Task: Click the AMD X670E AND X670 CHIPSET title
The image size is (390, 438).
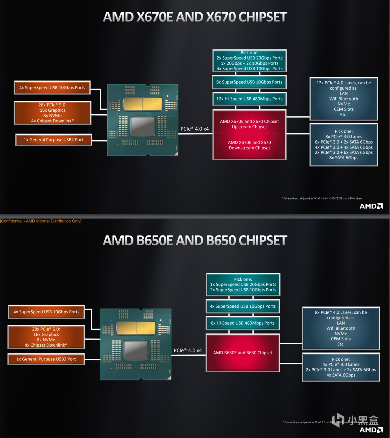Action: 195,17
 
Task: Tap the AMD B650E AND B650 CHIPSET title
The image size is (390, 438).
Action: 195,241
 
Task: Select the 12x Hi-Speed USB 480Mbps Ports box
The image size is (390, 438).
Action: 249,99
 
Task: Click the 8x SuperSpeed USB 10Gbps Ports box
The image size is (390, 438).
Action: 249,82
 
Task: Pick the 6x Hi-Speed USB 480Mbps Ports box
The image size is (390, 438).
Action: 243,323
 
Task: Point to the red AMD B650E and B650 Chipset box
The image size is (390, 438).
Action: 243,353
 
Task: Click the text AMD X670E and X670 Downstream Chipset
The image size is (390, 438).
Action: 249,145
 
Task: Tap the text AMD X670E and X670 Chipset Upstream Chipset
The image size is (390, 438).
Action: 249,124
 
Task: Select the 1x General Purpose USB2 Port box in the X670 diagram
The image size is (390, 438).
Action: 54,140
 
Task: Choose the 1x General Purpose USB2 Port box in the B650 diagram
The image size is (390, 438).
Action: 46,359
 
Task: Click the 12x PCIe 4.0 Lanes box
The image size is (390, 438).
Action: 344,99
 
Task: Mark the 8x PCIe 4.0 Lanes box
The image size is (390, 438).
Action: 341,328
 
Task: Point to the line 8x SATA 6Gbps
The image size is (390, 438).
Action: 344,158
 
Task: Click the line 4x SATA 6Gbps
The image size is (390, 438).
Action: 341,375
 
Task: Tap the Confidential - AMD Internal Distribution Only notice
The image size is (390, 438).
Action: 41,221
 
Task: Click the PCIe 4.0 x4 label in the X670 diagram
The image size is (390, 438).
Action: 195,129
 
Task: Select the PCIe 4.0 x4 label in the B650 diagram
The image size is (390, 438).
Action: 188,351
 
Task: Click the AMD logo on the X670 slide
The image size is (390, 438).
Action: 371,206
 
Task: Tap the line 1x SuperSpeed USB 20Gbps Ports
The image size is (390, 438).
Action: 243,285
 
